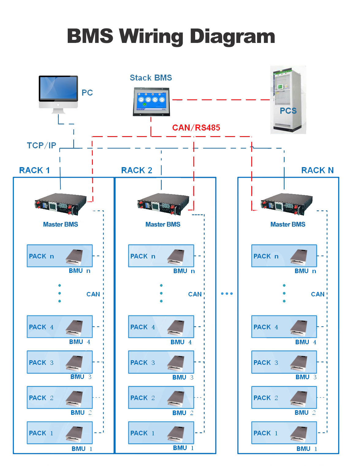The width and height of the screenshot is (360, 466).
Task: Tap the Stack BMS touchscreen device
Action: [x=151, y=101]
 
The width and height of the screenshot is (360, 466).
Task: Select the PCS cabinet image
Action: [x=288, y=100]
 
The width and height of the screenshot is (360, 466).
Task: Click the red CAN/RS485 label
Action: [x=196, y=128]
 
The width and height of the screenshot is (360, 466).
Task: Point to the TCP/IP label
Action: [x=41, y=145]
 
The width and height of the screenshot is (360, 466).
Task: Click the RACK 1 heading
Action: [x=34, y=170]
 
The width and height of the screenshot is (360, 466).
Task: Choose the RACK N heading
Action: [x=317, y=170]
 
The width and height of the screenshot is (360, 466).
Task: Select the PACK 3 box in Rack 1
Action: [x=59, y=362]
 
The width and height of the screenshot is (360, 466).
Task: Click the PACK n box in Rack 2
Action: [x=161, y=256]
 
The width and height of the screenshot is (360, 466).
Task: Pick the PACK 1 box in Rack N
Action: [x=284, y=433]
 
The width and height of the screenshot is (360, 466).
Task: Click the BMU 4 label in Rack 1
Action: [x=80, y=342]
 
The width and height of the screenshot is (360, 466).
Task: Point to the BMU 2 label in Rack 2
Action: [x=183, y=413]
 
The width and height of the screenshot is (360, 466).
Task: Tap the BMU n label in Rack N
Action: [x=305, y=271]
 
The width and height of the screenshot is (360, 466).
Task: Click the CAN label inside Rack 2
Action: [x=195, y=294]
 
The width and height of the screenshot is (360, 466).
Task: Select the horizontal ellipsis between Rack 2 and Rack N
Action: [x=227, y=294]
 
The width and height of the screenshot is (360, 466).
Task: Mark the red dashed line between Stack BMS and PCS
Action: [x=221, y=100]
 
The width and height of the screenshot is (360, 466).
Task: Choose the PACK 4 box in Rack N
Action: [x=284, y=327]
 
